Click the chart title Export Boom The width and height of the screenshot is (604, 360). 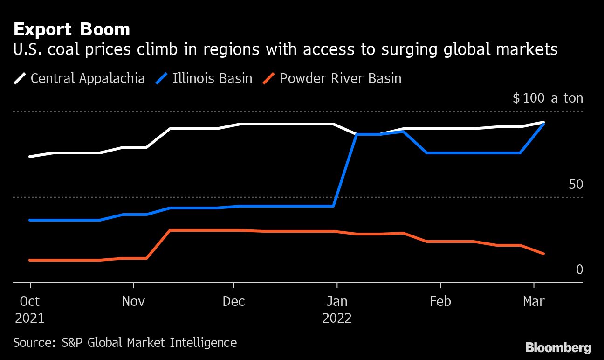pos(71,29)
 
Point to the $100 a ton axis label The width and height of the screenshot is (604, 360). pos(548,98)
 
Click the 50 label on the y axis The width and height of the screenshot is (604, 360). pos(576,184)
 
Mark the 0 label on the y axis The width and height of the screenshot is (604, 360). pos(579,270)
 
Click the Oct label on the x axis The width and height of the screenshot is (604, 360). pos(30,301)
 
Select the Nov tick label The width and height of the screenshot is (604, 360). pos(133,301)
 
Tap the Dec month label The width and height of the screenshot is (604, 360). pos(233,301)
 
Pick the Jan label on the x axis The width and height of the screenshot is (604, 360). pos(336,301)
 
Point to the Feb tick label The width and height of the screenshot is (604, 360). pos(440,301)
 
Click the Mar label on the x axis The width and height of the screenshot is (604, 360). pos(534,301)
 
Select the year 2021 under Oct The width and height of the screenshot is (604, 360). pos(30,318)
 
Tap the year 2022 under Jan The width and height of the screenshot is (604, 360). pos(336,318)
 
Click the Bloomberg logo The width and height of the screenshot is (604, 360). pos(558,347)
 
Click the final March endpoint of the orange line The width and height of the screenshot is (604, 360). pos(543,254)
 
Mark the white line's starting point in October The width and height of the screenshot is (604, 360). pos(30,157)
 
